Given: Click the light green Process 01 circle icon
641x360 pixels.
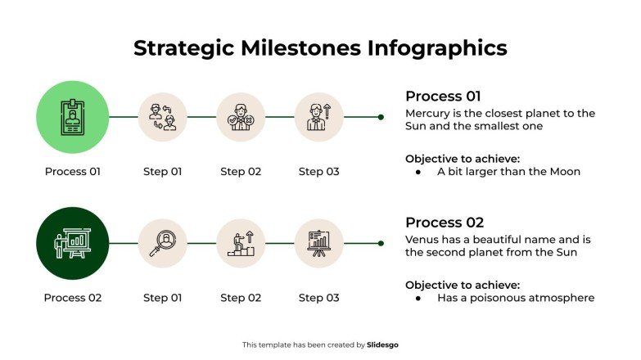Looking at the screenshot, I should tap(72, 117).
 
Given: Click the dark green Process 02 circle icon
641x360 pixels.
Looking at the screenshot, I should tap(72, 243).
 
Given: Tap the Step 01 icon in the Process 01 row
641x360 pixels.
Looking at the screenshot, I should tap(162, 117).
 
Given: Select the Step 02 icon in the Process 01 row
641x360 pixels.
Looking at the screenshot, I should tap(241, 117).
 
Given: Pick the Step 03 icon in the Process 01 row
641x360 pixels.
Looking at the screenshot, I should tap(318, 117).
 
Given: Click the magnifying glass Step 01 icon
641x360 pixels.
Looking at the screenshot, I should tap(162, 243).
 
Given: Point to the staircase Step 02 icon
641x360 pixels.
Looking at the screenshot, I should tap(241, 243).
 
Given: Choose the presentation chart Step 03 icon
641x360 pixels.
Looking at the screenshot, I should tap(318, 243).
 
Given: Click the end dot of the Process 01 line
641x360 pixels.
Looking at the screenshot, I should tap(381, 117).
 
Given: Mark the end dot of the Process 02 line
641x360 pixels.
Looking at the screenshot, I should tap(381, 243).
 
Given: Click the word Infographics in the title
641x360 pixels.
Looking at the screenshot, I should tap(435, 48).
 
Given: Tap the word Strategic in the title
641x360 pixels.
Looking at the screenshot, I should tap(183, 48).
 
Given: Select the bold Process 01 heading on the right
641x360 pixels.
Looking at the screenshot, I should tap(445, 96).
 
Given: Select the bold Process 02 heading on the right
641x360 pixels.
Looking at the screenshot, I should tap(445, 223).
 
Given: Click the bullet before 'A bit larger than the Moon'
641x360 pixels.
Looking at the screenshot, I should tap(418, 173).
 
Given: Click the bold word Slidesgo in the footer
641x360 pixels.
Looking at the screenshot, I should tap(383, 345).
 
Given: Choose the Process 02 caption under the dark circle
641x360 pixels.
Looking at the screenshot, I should tap(72, 298).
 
